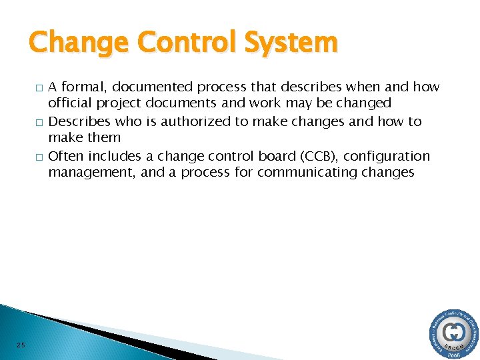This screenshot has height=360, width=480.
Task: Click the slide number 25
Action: point(21,345)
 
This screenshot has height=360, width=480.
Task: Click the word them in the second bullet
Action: point(105,138)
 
